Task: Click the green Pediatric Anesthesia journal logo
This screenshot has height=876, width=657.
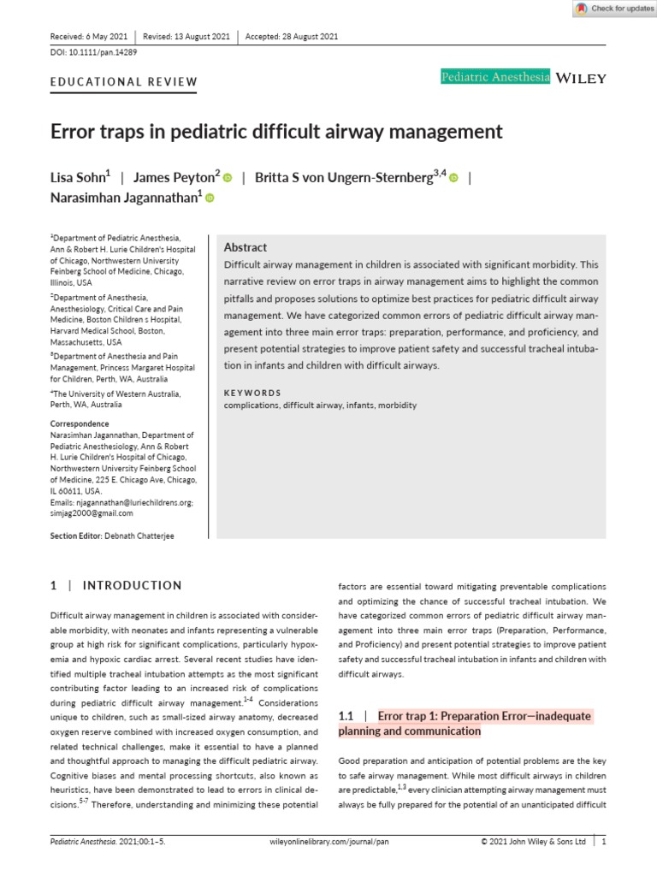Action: tap(494, 78)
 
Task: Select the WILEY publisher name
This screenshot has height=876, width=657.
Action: tap(581, 78)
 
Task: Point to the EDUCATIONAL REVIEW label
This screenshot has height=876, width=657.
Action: tap(124, 83)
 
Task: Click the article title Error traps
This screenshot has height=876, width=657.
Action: tap(276, 132)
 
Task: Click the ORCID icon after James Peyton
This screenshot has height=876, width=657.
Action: tap(228, 178)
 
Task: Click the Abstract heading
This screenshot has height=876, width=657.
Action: tap(245, 247)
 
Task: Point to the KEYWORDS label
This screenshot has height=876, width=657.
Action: tap(252, 394)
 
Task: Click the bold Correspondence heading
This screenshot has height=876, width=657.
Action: tap(80, 423)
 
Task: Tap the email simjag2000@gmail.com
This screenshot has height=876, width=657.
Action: tap(92, 513)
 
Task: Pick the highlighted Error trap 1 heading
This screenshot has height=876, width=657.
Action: tap(484, 715)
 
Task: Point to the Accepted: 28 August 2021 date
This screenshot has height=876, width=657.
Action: tap(292, 37)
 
